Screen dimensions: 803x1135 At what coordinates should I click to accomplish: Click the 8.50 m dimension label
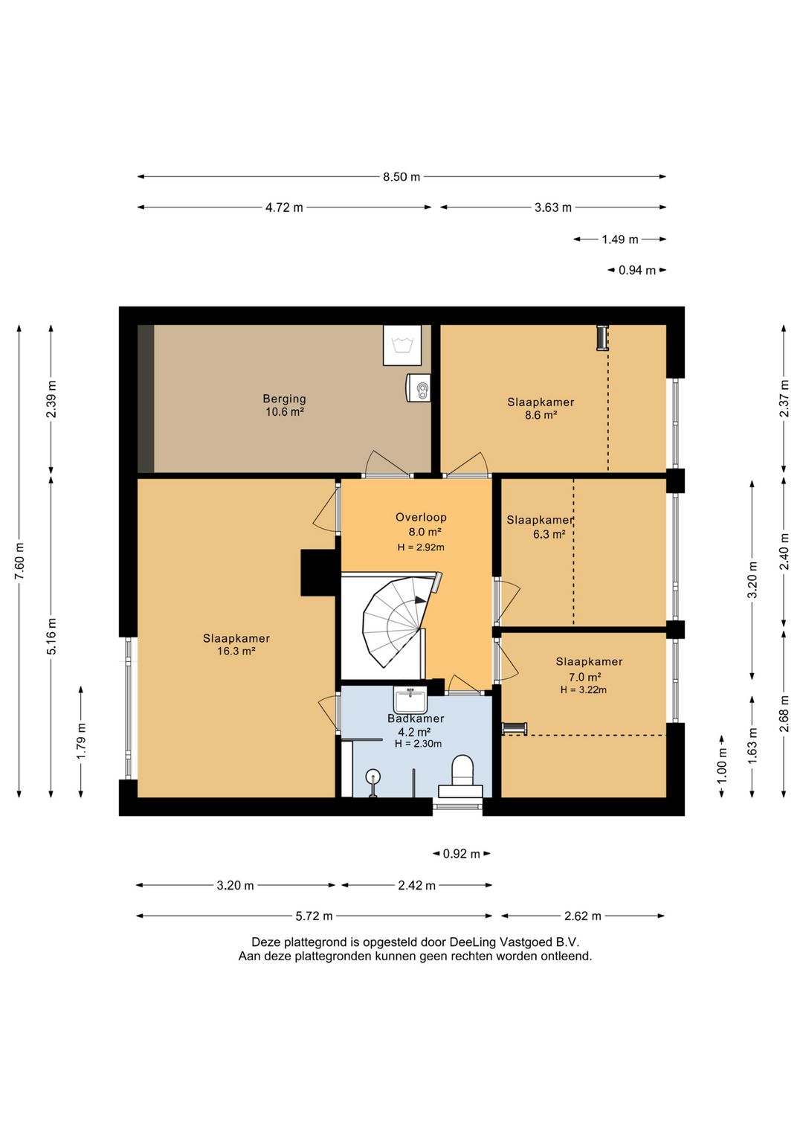tap(401, 177)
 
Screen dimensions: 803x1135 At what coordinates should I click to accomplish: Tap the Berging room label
tap(284, 399)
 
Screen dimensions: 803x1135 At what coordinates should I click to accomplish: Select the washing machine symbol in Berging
tap(402, 345)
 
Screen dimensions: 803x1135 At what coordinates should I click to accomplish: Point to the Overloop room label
tap(421, 518)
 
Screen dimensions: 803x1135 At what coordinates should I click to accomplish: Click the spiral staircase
tap(396, 624)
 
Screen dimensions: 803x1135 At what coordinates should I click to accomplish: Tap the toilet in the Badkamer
tap(462, 775)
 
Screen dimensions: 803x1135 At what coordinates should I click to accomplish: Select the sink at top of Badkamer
tap(411, 700)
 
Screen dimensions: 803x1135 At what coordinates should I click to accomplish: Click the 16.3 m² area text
tap(236, 651)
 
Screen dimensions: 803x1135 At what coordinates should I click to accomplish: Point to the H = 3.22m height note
tap(583, 689)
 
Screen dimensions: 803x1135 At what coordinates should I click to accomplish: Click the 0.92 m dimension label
tap(461, 854)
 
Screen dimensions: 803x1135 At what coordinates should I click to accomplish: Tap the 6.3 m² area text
tap(549, 534)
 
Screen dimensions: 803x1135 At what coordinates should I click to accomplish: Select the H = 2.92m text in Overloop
tap(421, 547)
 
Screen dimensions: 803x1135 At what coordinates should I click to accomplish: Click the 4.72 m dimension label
tap(284, 208)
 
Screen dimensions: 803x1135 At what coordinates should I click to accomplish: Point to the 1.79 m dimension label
tap(81, 742)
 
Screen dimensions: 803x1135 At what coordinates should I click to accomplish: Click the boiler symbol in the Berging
tap(419, 388)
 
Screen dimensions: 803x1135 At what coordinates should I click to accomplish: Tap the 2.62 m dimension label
tap(583, 916)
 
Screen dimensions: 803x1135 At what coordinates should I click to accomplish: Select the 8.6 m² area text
tap(541, 415)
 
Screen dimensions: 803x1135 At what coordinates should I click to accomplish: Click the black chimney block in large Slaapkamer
tap(320, 573)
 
